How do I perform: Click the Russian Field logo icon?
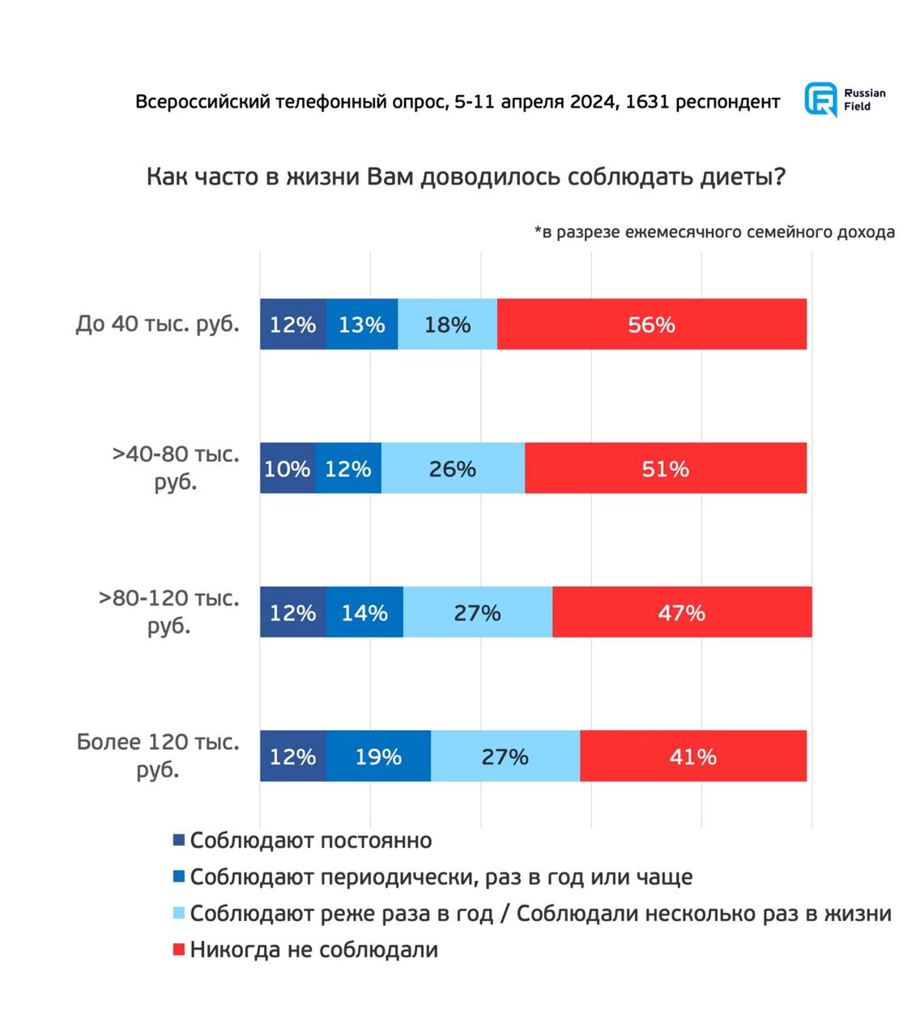[x=820, y=100]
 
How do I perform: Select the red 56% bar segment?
[x=651, y=324]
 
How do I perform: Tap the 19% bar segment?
[x=378, y=756]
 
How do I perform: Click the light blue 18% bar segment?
[x=447, y=324]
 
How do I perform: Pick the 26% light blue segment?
[x=453, y=468]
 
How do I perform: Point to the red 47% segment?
[x=682, y=612]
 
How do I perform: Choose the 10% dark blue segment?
[x=288, y=468]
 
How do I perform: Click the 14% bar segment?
[x=364, y=612]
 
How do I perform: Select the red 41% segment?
[x=693, y=756]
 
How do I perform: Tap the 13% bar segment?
[x=362, y=324]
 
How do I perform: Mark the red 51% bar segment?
[x=666, y=468]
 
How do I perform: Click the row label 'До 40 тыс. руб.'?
[x=158, y=324]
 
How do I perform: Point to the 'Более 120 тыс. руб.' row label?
[x=158, y=755]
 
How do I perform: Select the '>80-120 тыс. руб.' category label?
[x=168, y=612]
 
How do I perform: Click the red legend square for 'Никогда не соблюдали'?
[x=179, y=949]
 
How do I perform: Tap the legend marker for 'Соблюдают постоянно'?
[x=179, y=841]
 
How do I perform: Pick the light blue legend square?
[x=179, y=914]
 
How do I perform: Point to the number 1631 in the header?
[x=647, y=102]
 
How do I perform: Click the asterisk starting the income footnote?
[x=538, y=231]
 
